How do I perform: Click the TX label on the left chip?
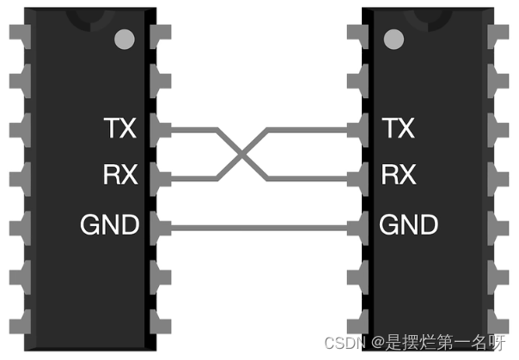pyautogui.click(x=119, y=129)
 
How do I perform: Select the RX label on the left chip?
pyautogui.click(x=120, y=176)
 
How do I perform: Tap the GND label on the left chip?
pyautogui.click(x=109, y=225)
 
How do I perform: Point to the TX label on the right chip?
pyautogui.click(x=398, y=129)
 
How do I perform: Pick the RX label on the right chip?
pyautogui.click(x=398, y=176)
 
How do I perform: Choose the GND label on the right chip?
pyautogui.click(x=409, y=225)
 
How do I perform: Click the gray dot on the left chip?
pyautogui.click(x=125, y=39)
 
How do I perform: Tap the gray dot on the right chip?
pyautogui.click(x=394, y=39)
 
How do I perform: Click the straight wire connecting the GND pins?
pyautogui.click(x=258, y=227)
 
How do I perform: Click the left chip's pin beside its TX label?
pyautogui.click(x=158, y=131)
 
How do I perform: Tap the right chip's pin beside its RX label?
pyautogui.click(x=359, y=179)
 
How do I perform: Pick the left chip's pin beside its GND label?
pyautogui.click(x=158, y=227)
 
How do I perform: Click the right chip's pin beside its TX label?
pyautogui.click(x=359, y=131)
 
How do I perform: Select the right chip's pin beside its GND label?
pyautogui.click(x=359, y=227)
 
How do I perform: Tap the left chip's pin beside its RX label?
pyautogui.click(x=158, y=179)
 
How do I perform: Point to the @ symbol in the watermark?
pyautogui.click(x=379, y=341)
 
